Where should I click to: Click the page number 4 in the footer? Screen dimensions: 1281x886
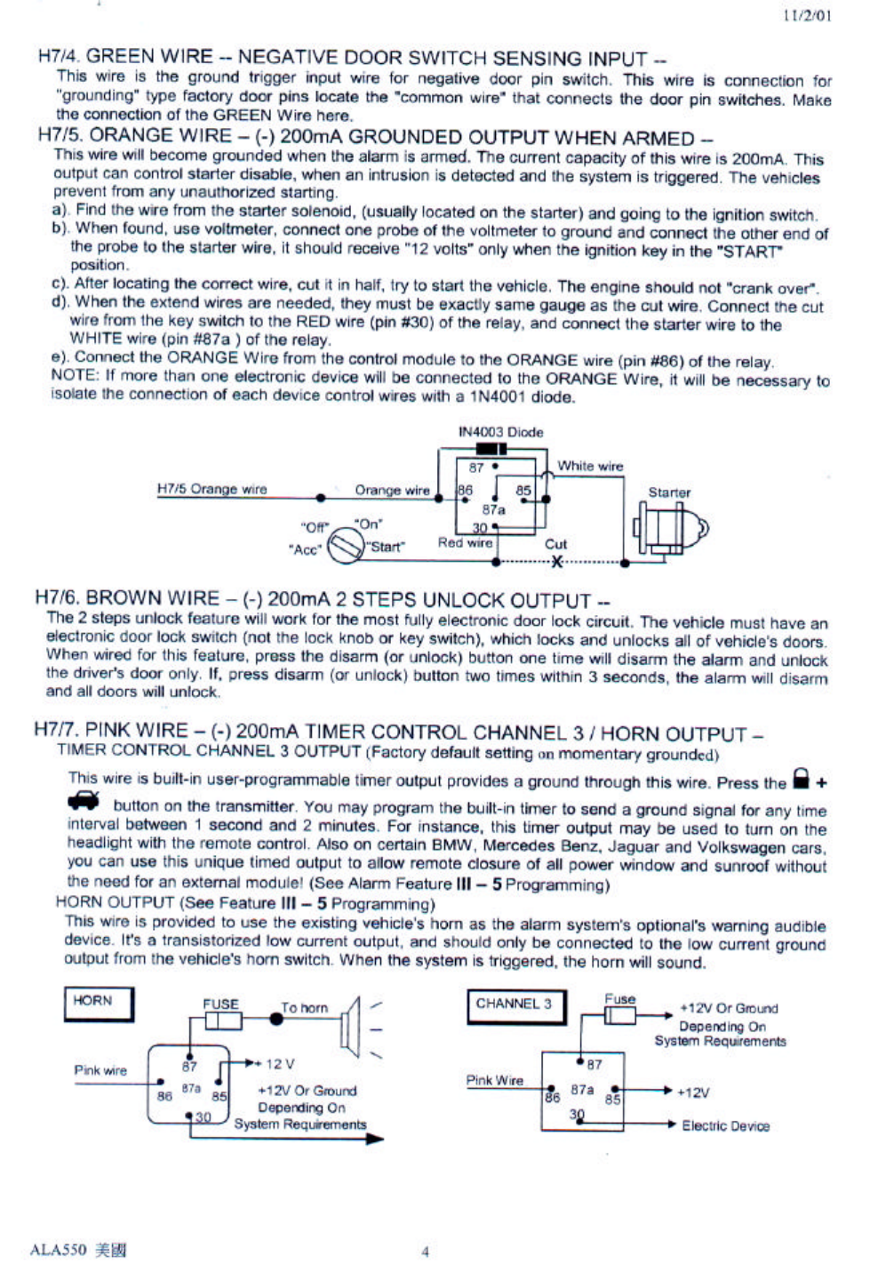[x=425, y=1251]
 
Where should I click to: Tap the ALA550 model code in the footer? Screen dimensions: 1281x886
[x=59, y=1250]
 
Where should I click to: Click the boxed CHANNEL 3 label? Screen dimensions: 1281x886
[x=515, y=1005]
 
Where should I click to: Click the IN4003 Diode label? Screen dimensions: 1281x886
[x=500, y=432]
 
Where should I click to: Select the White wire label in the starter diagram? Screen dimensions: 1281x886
[x=590, y=466]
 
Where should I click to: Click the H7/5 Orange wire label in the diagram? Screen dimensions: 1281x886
[x=212, y=489]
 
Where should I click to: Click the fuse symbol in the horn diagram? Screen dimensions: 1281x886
[x=222, y=1020]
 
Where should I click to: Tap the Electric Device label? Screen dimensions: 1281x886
[x=725, y=1126]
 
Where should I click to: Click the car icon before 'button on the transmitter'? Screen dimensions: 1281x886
[x=84, y=801]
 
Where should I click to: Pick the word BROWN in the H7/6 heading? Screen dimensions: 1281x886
[x=124, y=598]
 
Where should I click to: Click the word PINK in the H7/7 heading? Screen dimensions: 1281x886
[x=109, y=731]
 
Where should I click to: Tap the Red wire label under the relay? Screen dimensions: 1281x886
[x=465, y=542]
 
